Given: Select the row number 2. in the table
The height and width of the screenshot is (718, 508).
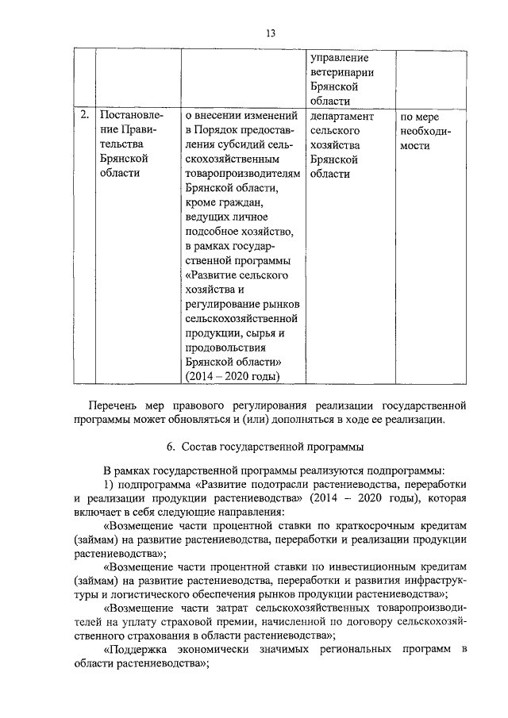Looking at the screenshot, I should pyautogui.click(x=85, y=116).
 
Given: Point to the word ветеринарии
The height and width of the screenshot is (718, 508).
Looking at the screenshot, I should pyautogui.click(x=342, y=73).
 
